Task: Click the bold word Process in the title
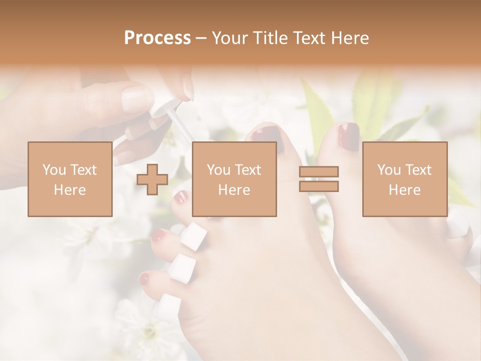[x=157, y=38]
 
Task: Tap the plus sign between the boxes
[x=152, y=179]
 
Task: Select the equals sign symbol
[x=319, y=179]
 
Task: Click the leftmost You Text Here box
[x=70, y=179]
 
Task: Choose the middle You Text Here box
[x=234, y=179]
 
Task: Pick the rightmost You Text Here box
[x=404, y=179]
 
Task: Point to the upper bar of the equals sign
[x=319, y=172]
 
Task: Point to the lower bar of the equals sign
[x=319, y=186]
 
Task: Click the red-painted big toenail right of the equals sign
[x=348, y=136]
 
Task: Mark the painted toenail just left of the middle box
[x=181, y=198]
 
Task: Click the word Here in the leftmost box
[x=70, y=190]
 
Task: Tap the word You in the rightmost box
[x=389, y=170]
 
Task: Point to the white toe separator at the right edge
[x=458, y=224]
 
